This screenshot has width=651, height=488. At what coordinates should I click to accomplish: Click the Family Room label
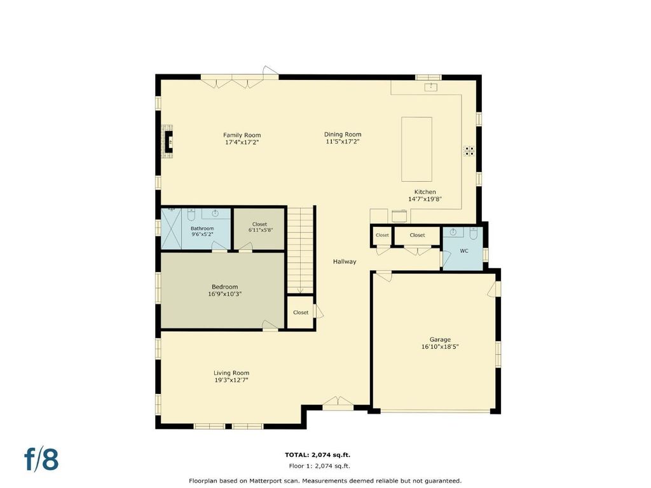tap(242, 135)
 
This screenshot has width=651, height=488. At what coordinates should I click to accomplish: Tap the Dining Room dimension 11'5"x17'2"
tap(342, 142)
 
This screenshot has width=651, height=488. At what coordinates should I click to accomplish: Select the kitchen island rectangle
tap(416, 149)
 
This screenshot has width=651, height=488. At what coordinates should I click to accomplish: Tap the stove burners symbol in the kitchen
tap(469, 151)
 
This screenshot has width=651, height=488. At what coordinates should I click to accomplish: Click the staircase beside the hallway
tap(300, 250)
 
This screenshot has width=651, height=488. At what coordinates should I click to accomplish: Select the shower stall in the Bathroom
tap(172, 229)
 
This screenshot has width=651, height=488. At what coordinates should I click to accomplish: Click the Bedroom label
tap(224, 287)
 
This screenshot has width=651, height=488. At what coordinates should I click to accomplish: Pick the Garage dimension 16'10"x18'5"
tap(440, 347)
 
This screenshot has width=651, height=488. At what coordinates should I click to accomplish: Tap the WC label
tap(463, 251)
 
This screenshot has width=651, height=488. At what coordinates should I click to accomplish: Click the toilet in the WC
tap(474, 233)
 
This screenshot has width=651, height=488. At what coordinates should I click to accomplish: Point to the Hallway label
tap(345, 261)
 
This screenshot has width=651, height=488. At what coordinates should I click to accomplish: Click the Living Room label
tap(231, 373)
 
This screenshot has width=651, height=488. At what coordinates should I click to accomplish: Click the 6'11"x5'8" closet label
tap(260, 230)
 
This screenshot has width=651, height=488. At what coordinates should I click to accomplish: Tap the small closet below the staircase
tap(301, 313)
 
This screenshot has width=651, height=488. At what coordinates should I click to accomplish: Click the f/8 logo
tap(41, 459)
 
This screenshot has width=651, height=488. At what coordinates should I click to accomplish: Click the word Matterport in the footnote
tap(265, 481)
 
